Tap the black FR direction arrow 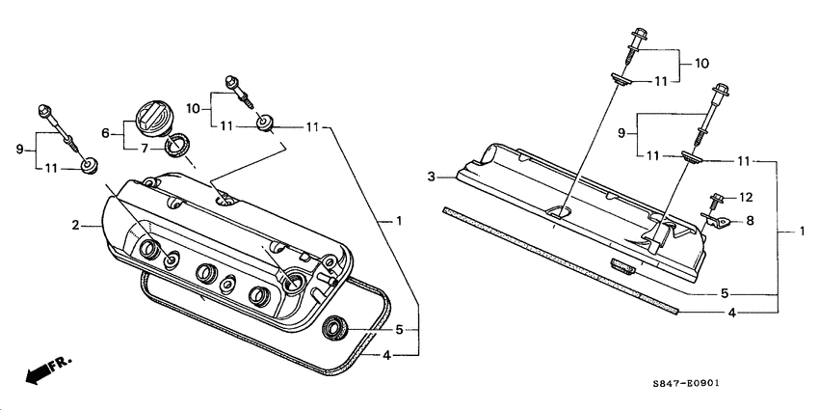(x=39, y=372)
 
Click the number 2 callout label (x=73, y=226)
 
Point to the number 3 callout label (x=433, y=176)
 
